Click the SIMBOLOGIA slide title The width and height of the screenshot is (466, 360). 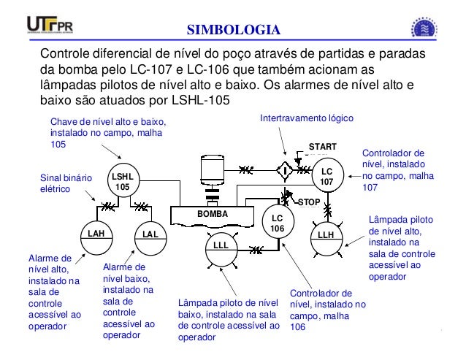233,29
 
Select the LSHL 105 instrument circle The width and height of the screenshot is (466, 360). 123,182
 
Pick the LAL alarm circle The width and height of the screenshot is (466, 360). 150,234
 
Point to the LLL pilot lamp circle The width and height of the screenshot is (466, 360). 221,247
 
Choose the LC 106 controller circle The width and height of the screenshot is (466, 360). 277,223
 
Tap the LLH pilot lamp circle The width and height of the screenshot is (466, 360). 326,235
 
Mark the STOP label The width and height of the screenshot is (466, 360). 310,201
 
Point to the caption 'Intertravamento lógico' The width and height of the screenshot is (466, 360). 308,118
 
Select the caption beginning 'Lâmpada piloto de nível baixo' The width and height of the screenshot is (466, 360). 229,320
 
